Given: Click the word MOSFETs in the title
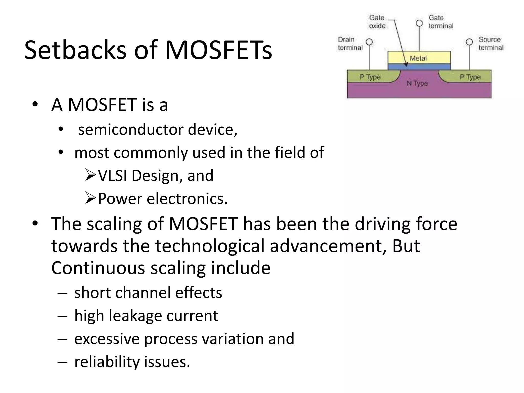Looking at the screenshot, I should click(219, 50).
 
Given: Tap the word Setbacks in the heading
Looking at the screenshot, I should click(75, 50).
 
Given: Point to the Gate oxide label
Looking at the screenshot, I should click(377, 22).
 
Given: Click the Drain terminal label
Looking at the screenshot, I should click(350, 43).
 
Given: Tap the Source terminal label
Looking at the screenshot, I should click(491, 43).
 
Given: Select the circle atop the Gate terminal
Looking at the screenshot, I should click(419, 23).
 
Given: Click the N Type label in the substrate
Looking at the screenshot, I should click(417, 83).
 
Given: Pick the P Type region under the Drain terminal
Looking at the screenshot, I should click(370, 77).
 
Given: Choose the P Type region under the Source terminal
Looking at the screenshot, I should click(470, 77).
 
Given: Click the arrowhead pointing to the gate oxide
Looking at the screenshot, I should click(406, 64).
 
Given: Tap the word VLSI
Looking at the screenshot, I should click(113, 176).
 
